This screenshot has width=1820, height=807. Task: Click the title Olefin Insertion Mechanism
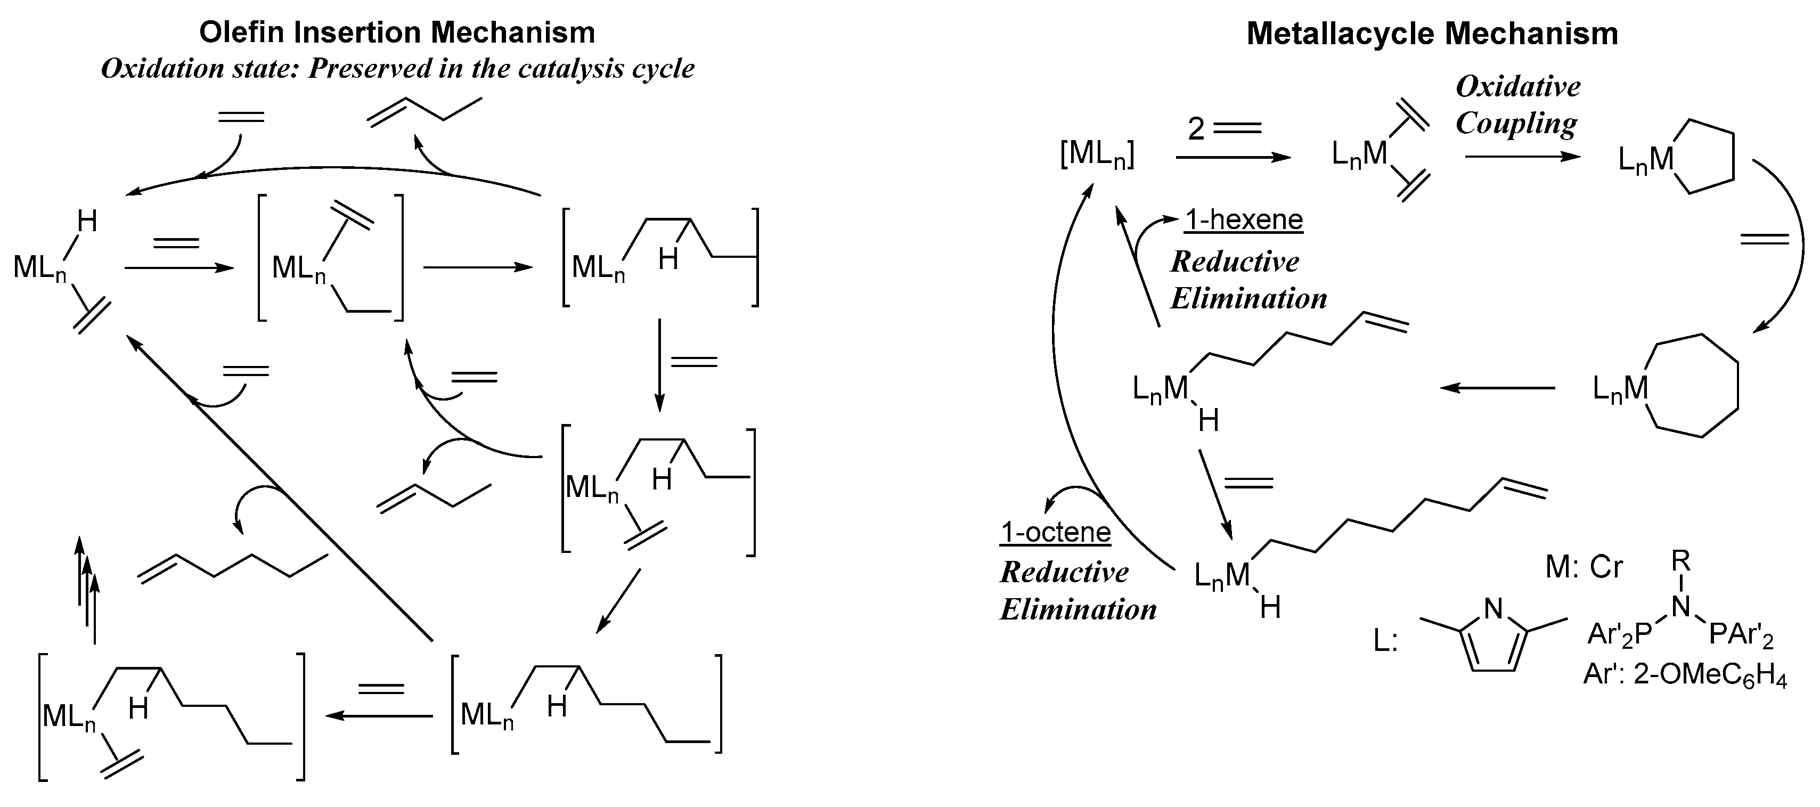pos(396,32)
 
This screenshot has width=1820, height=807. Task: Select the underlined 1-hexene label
pos(1244,220)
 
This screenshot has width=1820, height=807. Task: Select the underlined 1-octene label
pos(1056,532)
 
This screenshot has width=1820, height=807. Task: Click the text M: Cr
pos(1584,567)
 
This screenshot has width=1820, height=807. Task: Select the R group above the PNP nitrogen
pos(1681,561)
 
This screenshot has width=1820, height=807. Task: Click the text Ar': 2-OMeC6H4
pos(1684,675)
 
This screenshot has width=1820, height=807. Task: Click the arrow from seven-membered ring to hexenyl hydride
pos(1498,388)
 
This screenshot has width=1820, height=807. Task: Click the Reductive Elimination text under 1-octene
pos(1078,591)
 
